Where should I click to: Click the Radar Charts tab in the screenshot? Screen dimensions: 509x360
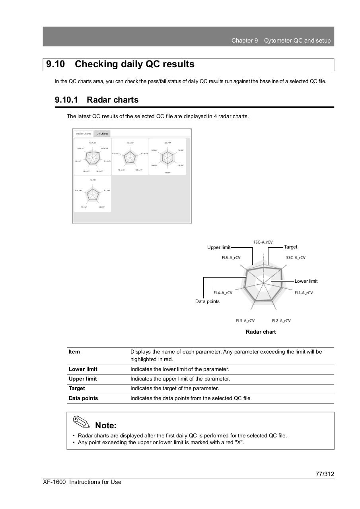84,134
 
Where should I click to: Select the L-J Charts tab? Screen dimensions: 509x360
102,134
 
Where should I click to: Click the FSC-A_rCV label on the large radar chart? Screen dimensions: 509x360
263,242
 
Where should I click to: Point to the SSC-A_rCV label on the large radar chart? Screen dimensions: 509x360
296,258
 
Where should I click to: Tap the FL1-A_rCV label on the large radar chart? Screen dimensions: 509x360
304,293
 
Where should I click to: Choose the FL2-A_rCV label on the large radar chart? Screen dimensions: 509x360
281,321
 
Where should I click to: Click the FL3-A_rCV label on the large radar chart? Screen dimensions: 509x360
245,321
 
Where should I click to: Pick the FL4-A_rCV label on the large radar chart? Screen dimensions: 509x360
223,293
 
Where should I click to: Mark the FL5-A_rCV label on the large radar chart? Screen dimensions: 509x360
231,258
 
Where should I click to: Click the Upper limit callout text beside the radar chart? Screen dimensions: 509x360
218,247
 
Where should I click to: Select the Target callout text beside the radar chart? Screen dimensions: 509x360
290,247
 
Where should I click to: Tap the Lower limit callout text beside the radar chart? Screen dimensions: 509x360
306,281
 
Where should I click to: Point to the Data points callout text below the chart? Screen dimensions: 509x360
207,301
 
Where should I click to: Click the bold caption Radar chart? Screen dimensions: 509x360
261,332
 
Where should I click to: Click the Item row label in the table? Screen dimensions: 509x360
74,352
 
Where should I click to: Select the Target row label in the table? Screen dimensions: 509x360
77,388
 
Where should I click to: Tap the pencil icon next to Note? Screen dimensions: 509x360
82,422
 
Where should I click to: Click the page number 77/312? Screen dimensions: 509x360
325,474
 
